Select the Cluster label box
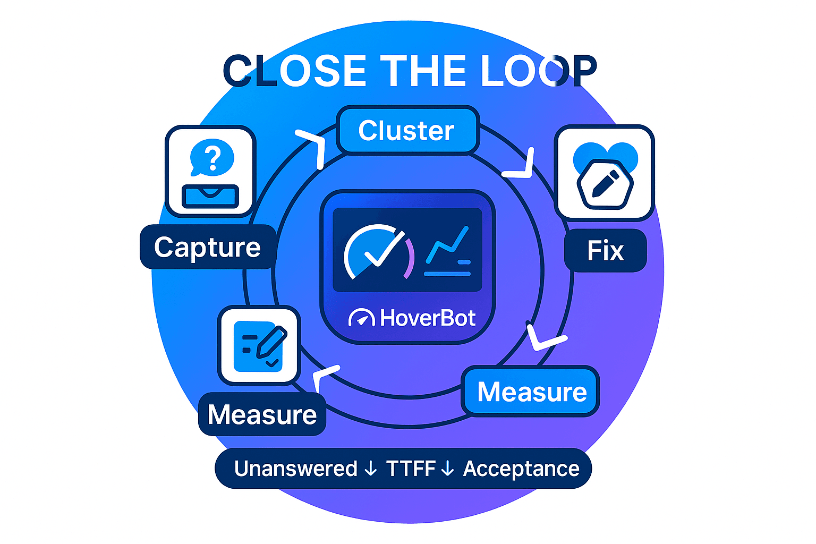(x=407, y=131)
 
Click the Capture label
(x=208, y=248)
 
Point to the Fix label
(x=605, y=251)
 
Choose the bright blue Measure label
(x=532, y=392)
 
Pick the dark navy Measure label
(x=262, y=414)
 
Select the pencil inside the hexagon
(x=605, y=184)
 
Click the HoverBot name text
(x=428, y=318)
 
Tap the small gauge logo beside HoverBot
(x=362, y=318)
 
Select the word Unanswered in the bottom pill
(x=296, y=469)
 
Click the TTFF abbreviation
(x=411, y=469)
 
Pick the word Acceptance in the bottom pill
(x=521, y=469)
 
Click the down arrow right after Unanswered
(x=371, y=469)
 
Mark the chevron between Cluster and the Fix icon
(x=521, y=166)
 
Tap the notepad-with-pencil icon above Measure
(x=259, y=346)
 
